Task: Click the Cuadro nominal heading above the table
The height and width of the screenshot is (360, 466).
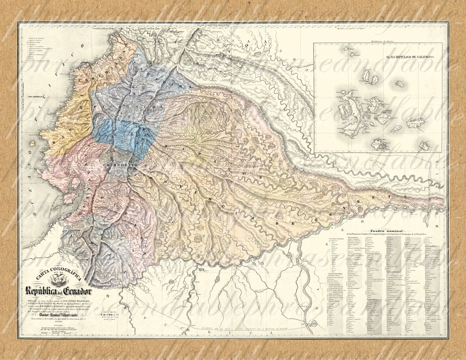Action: pyautogui.click(x=384, y=231)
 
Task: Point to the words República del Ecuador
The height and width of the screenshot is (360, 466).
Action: pyautogui.click(x=59, y=292)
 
